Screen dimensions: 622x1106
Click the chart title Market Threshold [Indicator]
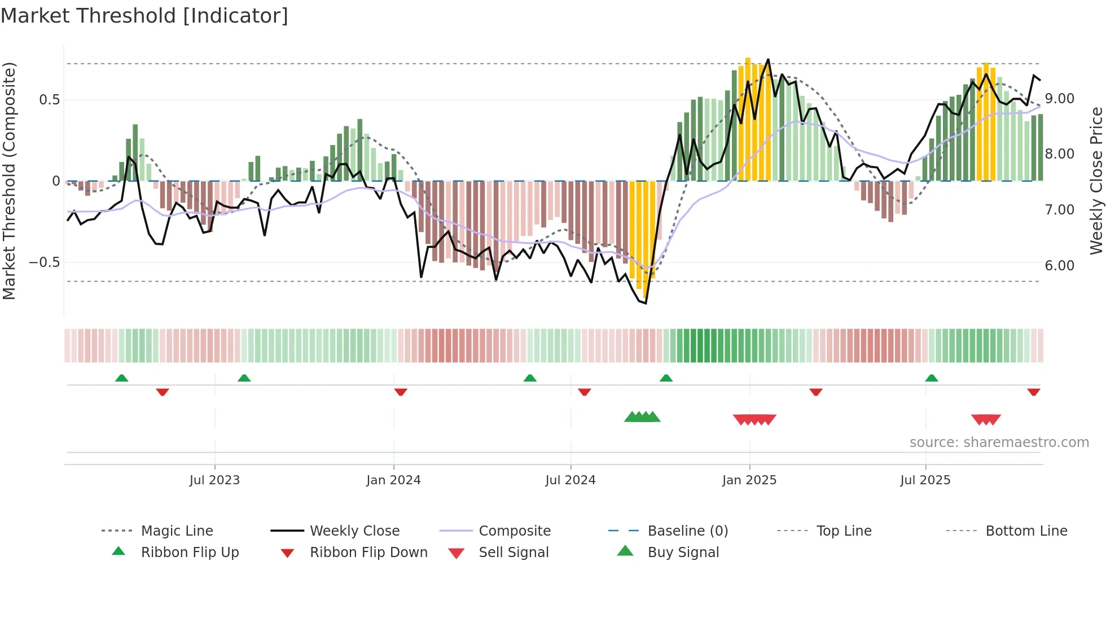click(x=144, y=16)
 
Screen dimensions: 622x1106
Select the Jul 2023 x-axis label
click(x=214, y=480)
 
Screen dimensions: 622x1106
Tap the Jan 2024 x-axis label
click(x=393, y=480)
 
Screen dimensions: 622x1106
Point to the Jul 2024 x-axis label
click(x=570, y=480)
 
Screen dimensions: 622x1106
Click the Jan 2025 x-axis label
click(x=749, y=480)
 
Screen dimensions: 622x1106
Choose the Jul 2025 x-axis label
click(x=925, y=480)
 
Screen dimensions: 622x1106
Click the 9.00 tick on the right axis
click(x=1060, y=99)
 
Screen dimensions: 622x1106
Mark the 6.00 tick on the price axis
click(x=1060, y=266)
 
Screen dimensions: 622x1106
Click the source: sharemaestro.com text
click(x=999, y=443)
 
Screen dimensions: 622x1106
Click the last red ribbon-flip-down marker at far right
click(x=1034, y=392)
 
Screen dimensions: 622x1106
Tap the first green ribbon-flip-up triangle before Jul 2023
click(x=121, y=378)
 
